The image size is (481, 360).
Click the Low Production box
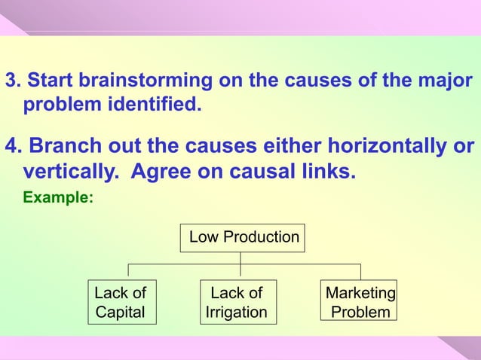[244, 238]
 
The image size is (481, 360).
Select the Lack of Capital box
[121, 302]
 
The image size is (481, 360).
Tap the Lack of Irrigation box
[236, 302]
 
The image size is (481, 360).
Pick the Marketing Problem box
[360, 302]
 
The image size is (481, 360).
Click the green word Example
[59, 200]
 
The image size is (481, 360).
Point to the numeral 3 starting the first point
[11, 80]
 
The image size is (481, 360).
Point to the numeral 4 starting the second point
[11, 145]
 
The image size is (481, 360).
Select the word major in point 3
[445, 81]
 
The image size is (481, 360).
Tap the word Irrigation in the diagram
[236, 312]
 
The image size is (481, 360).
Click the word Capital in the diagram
[121, 312]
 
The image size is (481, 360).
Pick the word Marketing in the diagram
[360, 292]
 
